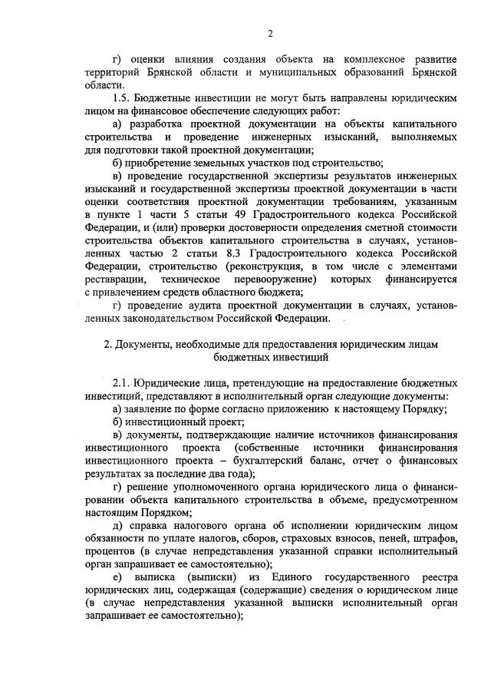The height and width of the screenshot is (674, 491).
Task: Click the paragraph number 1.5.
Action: click(x=123, y=100)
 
